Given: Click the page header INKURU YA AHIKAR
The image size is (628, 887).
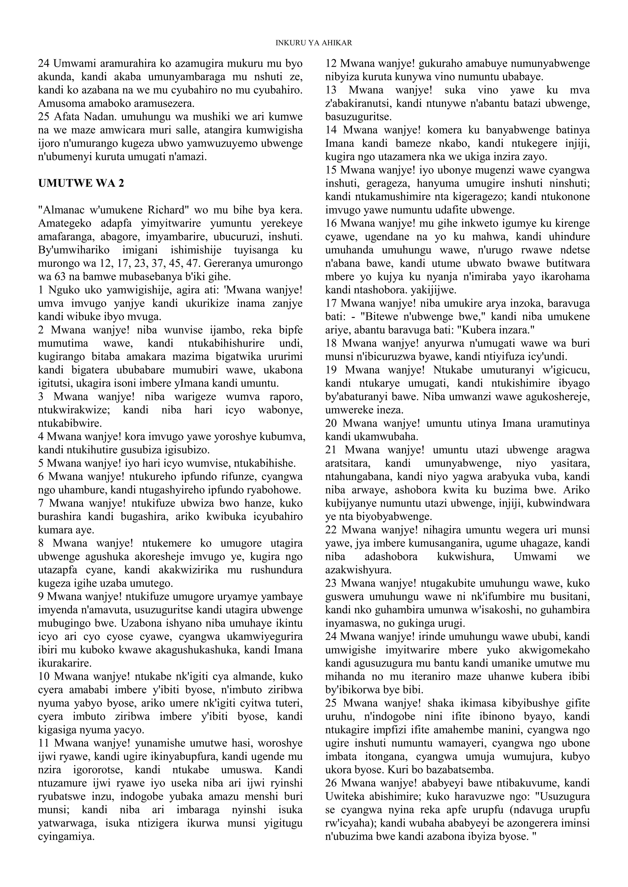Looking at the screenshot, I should (314, 43).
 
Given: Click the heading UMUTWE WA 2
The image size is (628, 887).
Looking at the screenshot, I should (81, 183).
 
